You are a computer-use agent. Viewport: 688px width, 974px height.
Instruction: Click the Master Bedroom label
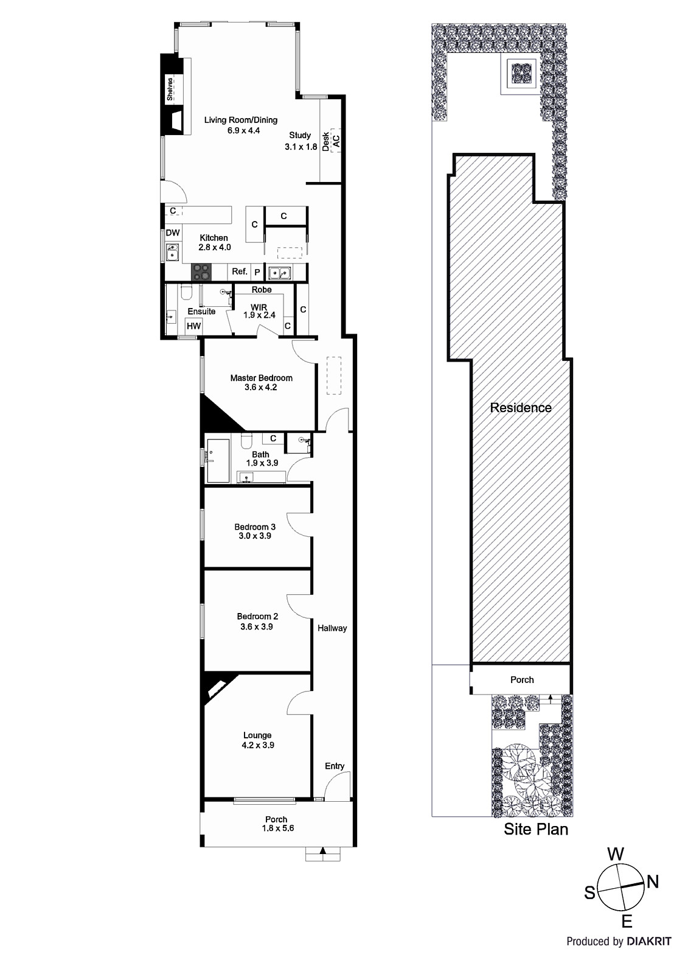coord(261,378)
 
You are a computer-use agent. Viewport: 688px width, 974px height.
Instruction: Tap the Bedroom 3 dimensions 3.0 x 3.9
coord(255,536)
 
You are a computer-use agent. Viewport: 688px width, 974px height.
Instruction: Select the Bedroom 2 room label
coord(257,616)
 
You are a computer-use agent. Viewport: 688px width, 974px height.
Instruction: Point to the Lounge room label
coord(257,735)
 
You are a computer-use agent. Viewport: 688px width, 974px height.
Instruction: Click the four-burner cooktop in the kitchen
coord(201,272)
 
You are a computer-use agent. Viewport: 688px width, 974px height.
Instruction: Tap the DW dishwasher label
coord(173,233)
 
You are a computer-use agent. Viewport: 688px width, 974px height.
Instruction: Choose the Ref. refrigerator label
coord(240,272)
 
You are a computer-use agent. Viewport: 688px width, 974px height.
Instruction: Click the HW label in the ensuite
coord(193,326)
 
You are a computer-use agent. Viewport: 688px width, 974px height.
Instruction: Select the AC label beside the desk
coord(336,140)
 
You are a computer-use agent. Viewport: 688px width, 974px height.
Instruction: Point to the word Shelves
coord(170,89)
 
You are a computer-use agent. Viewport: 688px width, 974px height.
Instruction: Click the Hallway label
coord(332,628)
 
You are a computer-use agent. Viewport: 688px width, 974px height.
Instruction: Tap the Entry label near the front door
coord(335,766)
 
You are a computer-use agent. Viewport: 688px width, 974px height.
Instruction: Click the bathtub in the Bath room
coord(218,460)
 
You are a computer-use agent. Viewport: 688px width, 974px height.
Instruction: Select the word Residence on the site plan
coord(521,407)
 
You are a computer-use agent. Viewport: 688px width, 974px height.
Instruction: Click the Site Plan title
coord(536,829)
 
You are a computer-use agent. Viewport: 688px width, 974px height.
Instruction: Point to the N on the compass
coord(653,882)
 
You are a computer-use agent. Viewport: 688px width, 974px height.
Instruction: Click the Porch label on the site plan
coord(522,679)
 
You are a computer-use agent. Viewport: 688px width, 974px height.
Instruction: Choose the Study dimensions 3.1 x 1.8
coord(301,147)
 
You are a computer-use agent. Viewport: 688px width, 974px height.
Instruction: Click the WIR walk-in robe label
coord(259,307)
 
